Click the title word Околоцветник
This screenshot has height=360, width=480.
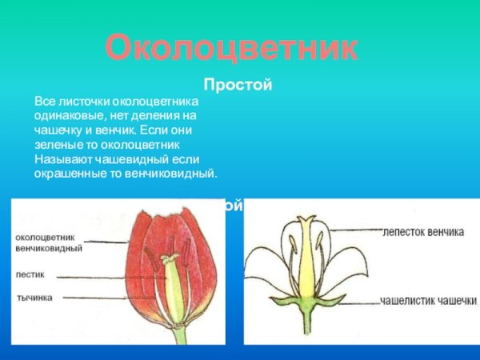(232, 47)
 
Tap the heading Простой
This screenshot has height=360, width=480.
(238, 84)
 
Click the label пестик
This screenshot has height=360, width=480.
(30, 273)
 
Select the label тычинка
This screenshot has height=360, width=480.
(34, 298)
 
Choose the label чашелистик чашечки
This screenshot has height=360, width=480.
(428, 302)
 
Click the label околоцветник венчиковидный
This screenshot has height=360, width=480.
(48, 242)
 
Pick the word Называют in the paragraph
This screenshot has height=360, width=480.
(60, 159)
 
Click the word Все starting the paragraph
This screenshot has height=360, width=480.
(45, 102)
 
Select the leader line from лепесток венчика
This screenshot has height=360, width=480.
(356, 230)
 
